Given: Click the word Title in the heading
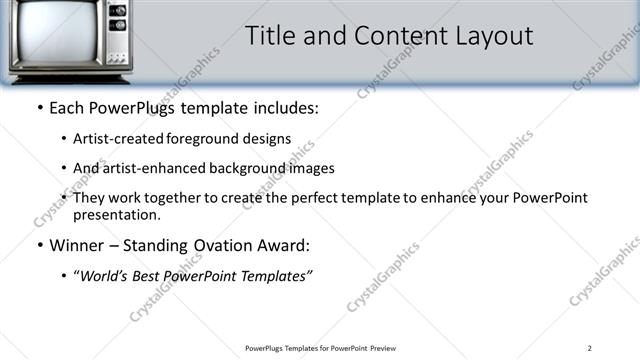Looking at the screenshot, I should pos(273,37).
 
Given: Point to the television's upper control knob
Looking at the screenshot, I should pos(117,11).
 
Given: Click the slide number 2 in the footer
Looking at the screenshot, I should pos(589,348).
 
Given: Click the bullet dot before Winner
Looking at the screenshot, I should pos(39,246).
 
